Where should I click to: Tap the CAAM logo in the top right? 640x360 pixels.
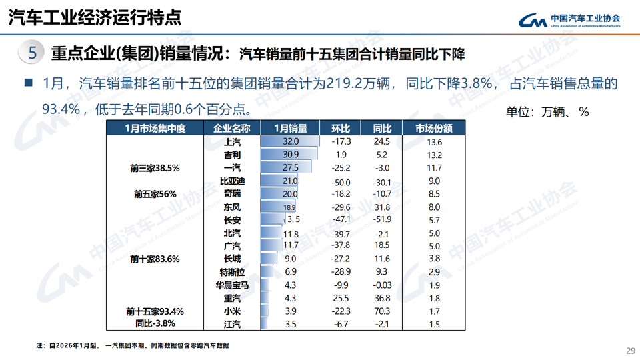coord(569,20)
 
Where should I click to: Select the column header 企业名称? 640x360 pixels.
coord(231,128)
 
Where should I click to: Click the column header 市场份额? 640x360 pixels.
coord(434,128)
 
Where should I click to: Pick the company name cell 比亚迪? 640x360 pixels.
coord(233,181)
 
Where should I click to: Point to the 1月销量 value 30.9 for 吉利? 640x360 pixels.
coord(291,155)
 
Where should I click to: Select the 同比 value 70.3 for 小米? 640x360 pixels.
coord(382,311)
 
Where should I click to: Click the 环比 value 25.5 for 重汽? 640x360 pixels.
coord(341,298)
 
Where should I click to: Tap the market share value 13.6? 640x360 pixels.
coord(435,142)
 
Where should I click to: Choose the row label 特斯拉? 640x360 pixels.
coord(233,272)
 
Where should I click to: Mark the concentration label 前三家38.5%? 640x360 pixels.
coord(155,168)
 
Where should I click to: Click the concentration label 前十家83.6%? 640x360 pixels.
coord(155,259)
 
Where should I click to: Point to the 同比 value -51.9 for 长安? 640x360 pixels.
coord(382,220)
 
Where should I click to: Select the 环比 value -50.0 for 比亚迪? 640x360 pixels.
coord(341,181)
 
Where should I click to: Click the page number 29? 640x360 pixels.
coord(630,351)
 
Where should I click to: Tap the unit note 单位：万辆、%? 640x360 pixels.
coord(547,111)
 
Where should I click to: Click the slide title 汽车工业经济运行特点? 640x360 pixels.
coord(94,17)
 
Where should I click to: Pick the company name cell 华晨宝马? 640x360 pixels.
coord(233,285)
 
